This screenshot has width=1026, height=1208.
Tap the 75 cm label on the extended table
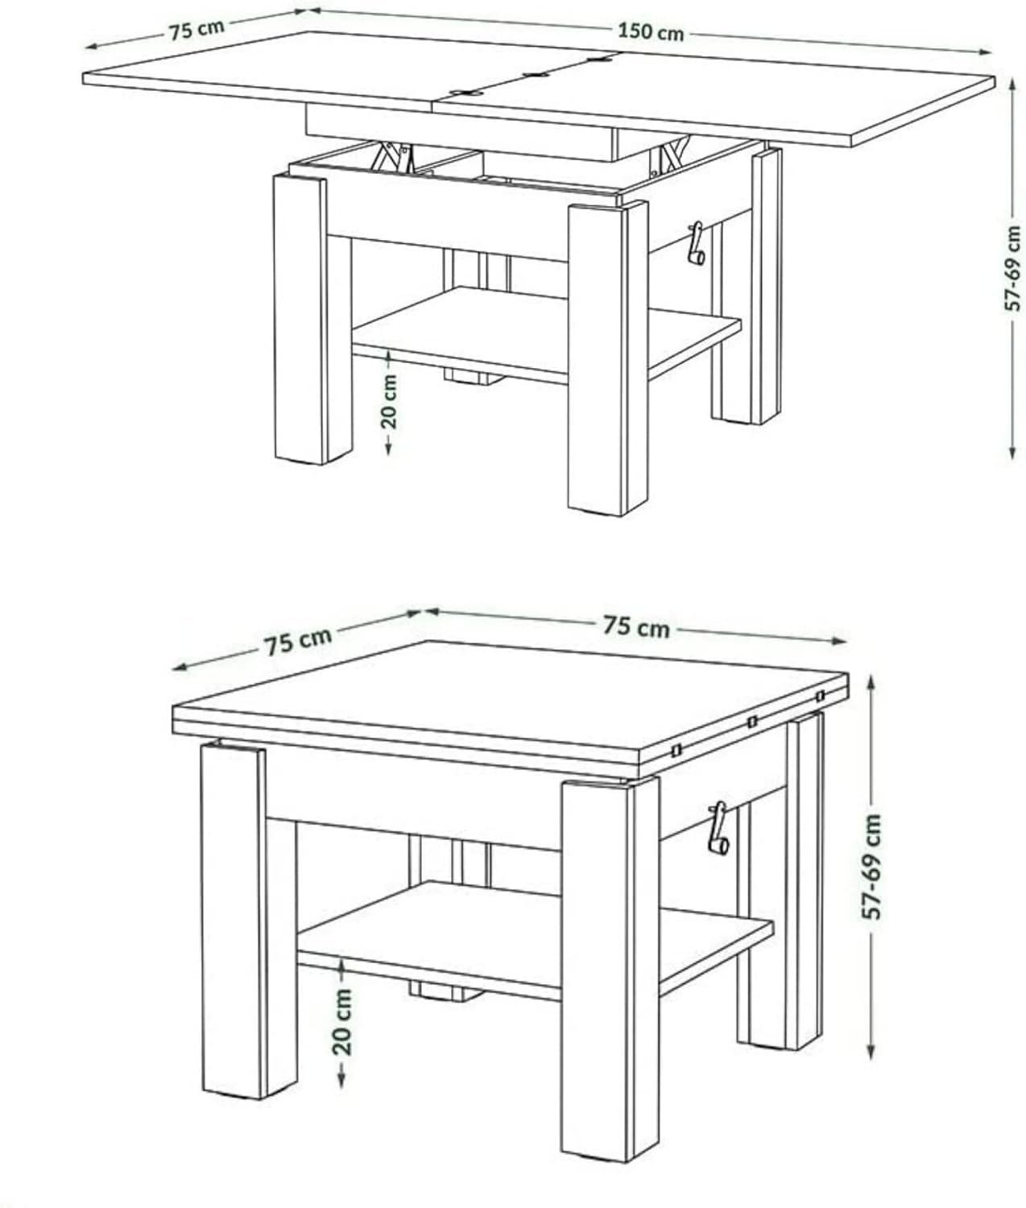tap(197, 30)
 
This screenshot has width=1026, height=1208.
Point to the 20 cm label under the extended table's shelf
tap(389, 403)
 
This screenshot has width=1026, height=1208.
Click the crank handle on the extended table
tap(697, 243)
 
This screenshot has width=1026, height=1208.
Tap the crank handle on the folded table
tap(718, 828)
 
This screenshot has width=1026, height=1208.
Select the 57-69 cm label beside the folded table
tap(872, 867)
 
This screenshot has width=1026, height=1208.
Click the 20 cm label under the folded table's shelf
tap(342, 1022)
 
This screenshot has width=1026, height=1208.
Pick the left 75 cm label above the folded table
tap(298, 642)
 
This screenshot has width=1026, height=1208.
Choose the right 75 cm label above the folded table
tap(636, 627)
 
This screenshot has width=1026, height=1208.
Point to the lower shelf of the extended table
tap(546, 333)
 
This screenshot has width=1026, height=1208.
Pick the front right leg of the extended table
tap(608, 359)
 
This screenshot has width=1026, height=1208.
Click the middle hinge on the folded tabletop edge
tap(752, 722)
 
